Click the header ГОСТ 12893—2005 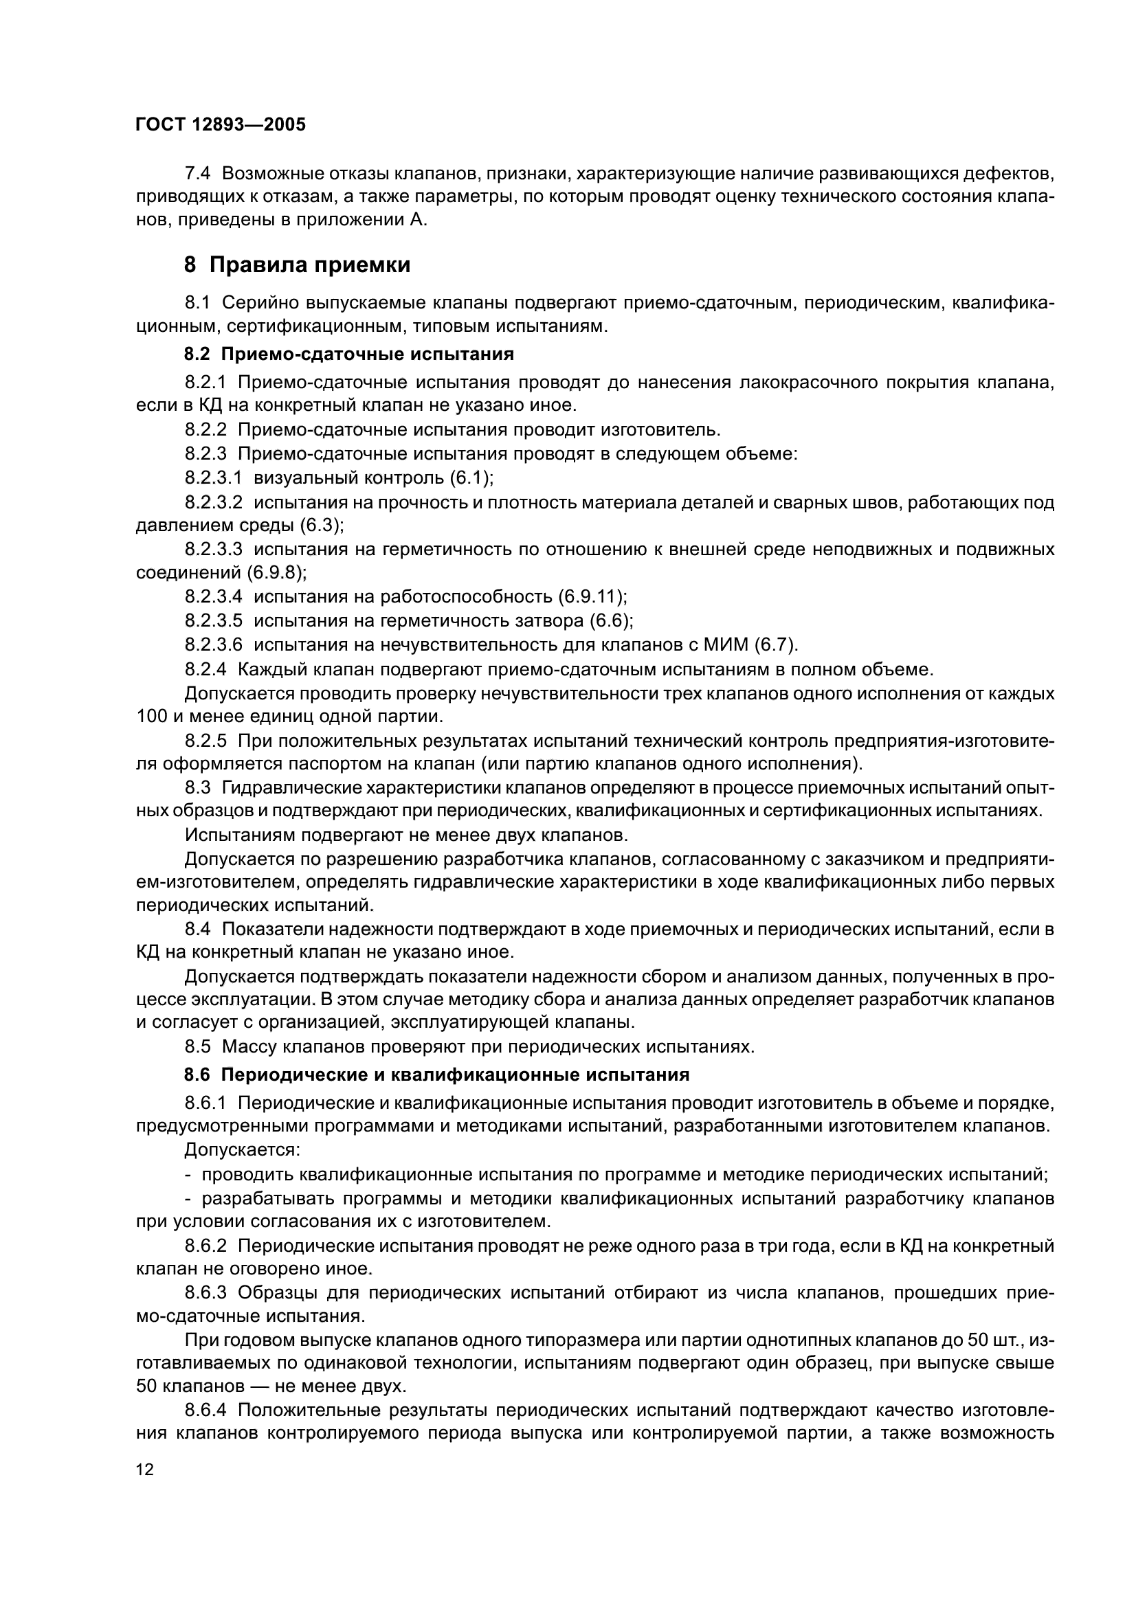[221, 124]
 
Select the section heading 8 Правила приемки [297, 265]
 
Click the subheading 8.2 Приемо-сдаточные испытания [348, 354]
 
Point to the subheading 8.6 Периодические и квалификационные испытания [437, 1075]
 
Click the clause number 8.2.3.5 [214, 621]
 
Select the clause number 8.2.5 [205, 741]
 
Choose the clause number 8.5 [197, 1047]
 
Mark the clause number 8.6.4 [205, 1413]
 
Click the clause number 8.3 [197, 788]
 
